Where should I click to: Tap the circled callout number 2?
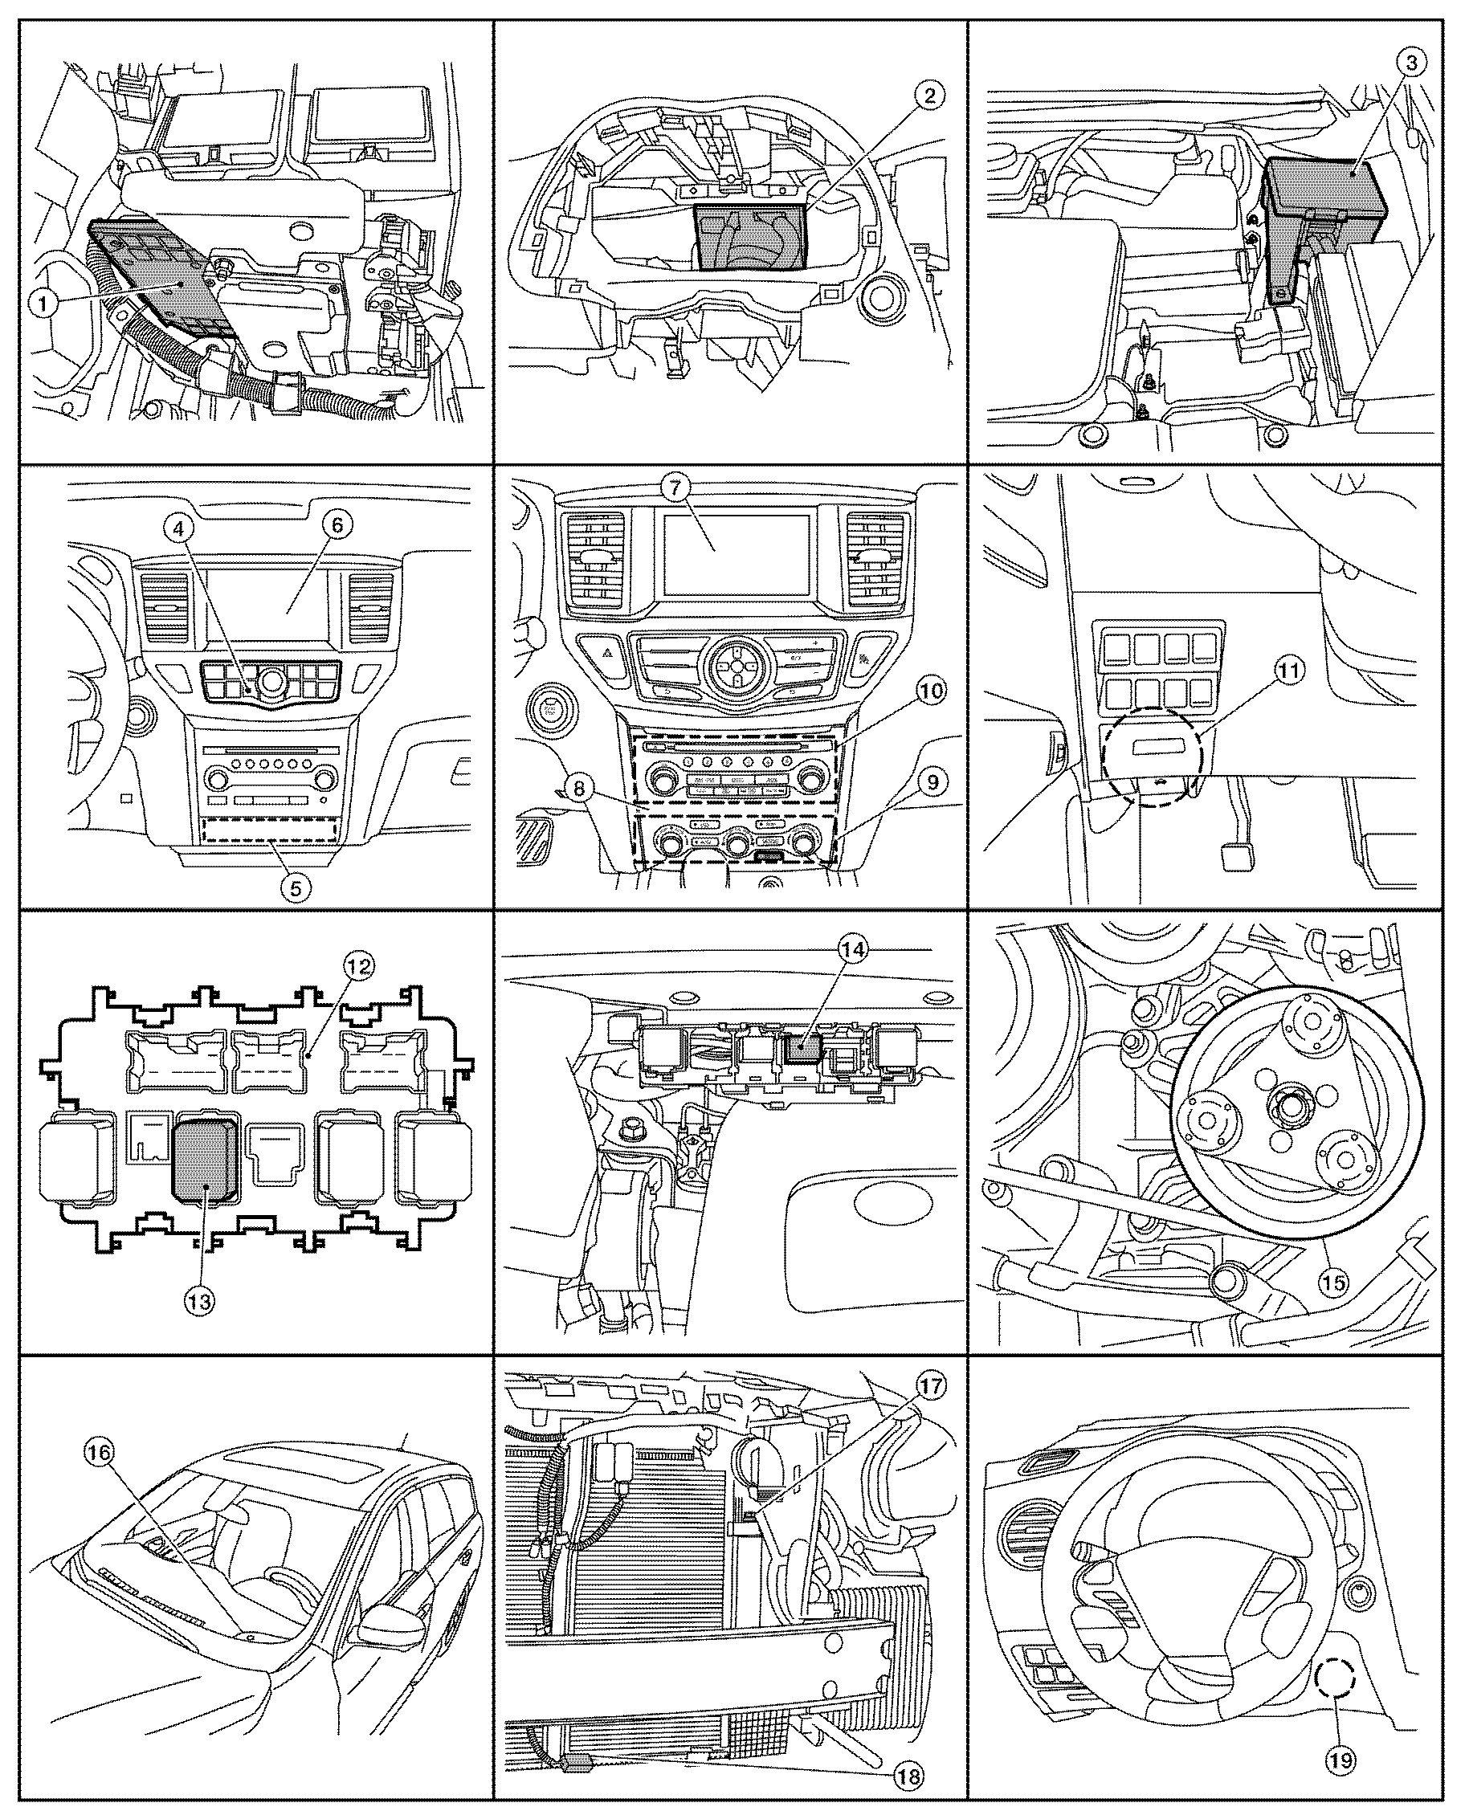[x=929, y=96]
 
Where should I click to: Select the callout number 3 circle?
[x=1411, y=63]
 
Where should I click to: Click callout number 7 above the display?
[x=681, y=487]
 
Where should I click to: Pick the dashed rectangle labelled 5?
[x=270, y=830]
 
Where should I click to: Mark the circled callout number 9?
[x=932, y=782]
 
